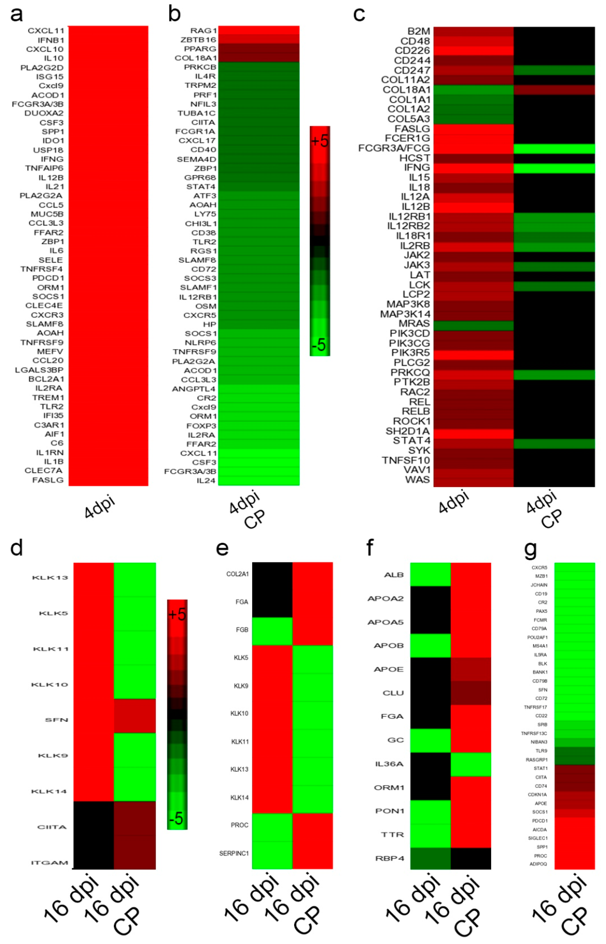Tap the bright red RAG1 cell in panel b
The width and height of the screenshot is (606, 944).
click(x=259, y=30)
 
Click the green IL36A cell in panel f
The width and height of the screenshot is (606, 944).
click(x=471, y=764)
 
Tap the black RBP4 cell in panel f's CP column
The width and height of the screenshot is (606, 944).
click(x=471, y=858)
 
